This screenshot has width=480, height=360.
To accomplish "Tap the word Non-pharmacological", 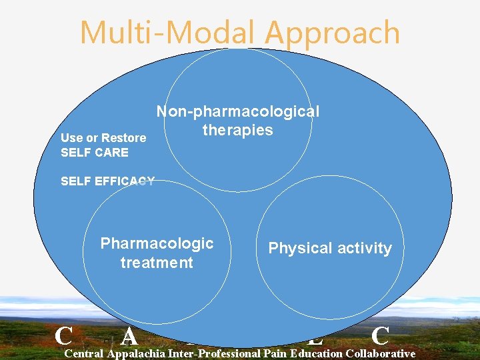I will tap(238, 111).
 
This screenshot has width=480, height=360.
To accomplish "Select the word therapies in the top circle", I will tap(238, 129).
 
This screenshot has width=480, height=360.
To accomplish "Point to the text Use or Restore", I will tap(103, 137).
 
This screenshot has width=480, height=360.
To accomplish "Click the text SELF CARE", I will tap(94, 152).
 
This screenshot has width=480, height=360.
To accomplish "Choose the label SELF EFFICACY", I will tap(107, 181).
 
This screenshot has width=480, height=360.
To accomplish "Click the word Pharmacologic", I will tap(157, 243).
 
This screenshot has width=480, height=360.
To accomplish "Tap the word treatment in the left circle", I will tap(157, 263).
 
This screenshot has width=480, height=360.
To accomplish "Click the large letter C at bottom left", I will tap(64, 334).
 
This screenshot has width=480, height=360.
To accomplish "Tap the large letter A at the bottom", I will tap(129, 336).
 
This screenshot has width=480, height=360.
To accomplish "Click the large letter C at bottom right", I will tap(381, 335).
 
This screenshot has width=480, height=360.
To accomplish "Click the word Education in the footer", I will tap(312, 353).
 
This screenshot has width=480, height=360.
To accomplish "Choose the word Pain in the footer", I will tap(275, 353).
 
